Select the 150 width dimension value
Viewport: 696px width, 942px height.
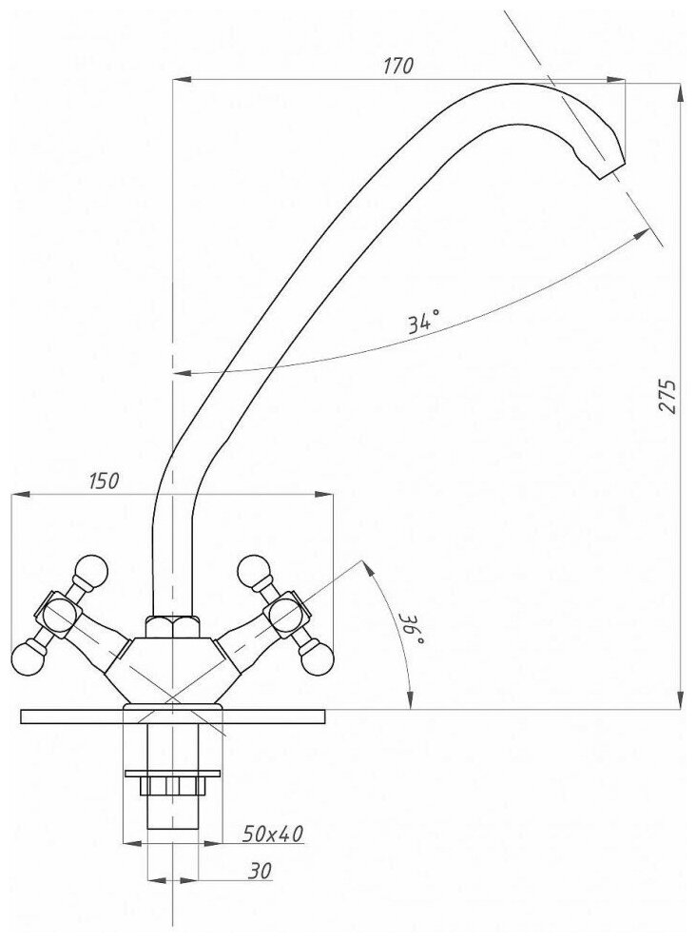tap(104, 481)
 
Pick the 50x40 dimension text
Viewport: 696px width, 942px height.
tap(274, 834)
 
